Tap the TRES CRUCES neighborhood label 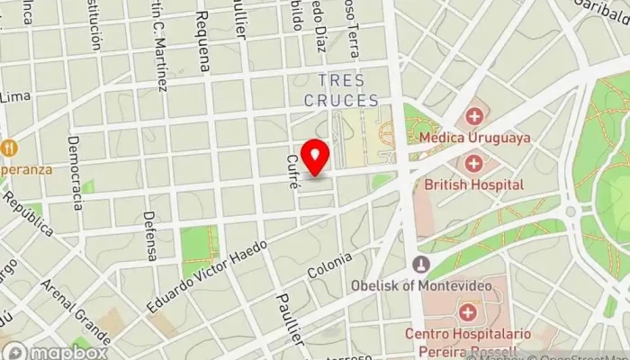pos(341,91)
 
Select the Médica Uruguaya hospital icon pos(474,117)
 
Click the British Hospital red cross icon pos(474,164)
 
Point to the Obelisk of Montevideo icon pos(419,265)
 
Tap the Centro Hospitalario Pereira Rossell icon pos(467,312)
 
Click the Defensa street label pos(150,236)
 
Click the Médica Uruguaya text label pos(474,139)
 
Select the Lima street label pos(15,96)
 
